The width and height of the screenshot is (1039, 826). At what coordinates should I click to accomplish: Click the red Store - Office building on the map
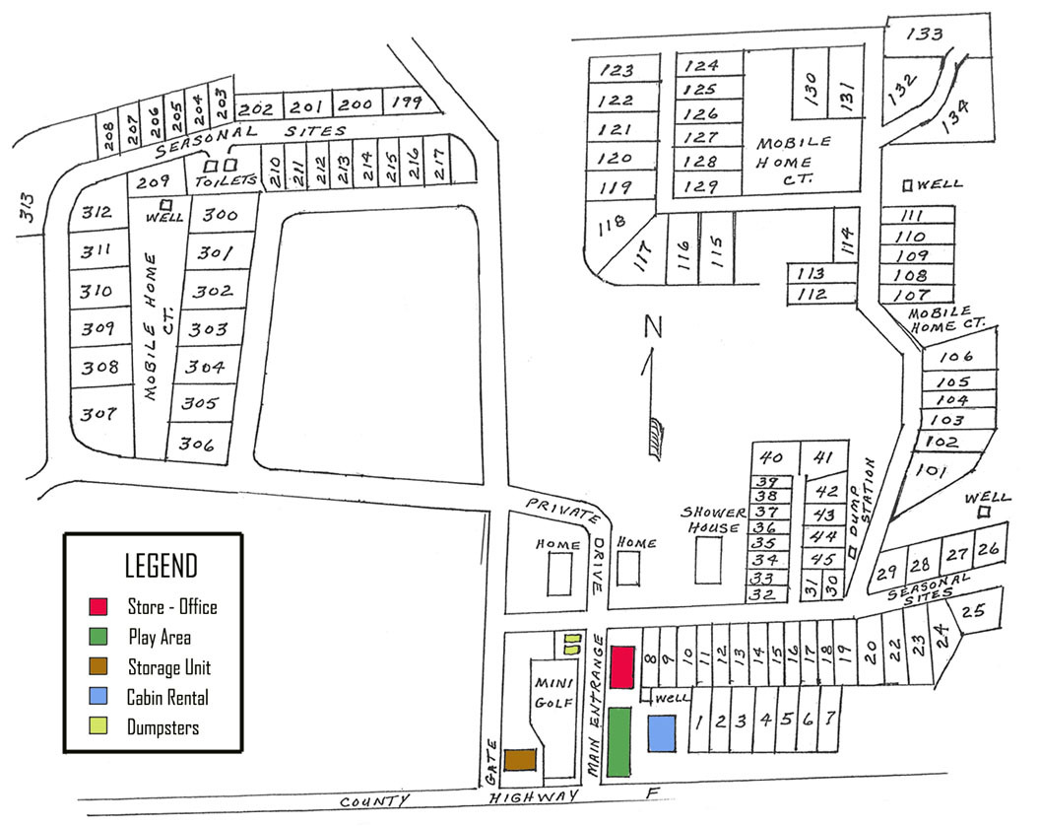(621, 666)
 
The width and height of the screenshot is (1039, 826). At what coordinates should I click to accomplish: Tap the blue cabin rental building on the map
(661, 733)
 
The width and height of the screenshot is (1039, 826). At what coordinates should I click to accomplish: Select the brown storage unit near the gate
(520, 760)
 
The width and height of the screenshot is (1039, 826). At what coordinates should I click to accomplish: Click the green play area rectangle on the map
(618, 742)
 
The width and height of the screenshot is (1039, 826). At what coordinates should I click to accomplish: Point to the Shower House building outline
(708, 560)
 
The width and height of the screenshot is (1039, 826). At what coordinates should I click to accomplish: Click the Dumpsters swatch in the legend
(98, 725)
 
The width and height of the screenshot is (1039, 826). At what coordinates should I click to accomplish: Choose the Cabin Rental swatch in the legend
(98, 696)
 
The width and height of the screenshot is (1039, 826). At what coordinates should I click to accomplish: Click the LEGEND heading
(161, 566)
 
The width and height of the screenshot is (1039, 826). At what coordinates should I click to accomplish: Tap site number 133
(925, 34)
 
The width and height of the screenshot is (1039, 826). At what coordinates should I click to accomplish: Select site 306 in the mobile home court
(197, 444)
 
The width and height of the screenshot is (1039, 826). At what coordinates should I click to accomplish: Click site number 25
(973, 610)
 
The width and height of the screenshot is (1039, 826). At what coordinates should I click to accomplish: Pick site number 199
(406, 103)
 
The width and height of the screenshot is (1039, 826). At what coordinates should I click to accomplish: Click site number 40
(771, 457)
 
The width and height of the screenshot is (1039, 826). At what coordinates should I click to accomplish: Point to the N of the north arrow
(653, 326)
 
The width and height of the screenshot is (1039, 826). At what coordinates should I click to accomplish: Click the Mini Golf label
(553, 692)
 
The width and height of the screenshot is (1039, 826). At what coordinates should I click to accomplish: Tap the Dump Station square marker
(853, 551)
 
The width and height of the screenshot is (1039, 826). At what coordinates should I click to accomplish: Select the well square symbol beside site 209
(165, 205)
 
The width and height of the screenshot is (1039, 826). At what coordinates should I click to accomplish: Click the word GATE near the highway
(491, 763)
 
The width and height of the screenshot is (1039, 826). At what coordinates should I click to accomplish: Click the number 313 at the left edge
(26, 208)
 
